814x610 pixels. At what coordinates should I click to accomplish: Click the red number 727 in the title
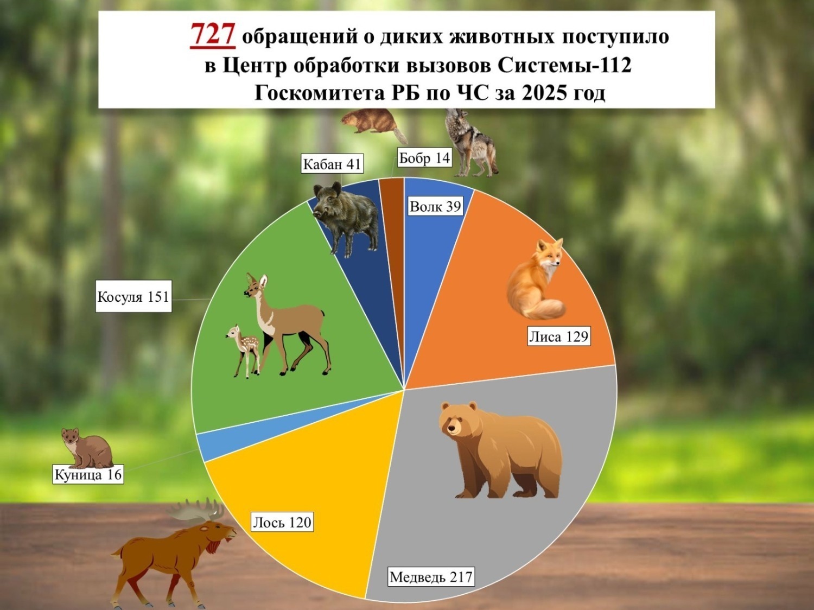pyautogui.click(x=212, y=35)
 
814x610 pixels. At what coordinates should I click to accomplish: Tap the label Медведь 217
pyautogui.click(x=431, y=576)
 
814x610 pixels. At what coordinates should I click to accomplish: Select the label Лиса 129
pyautogui.click(x=558, y=336)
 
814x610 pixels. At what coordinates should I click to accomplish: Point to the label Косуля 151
pyautogui.click(x=133, y=296)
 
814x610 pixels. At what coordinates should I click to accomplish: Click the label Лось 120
pyautogui.click(x=282, y=522)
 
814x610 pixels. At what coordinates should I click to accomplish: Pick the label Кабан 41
pyautogui.click(x=332, y=164)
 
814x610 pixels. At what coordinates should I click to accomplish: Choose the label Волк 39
pyautogui.click(x=435, y=206)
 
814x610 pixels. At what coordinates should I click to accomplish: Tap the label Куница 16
pyautogui.click(x=88, y=474)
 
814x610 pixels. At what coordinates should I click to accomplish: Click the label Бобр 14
pyautogui.click(x=424, y=158)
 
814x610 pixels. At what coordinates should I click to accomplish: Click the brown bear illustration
pyautogui.click(x=499, y=450)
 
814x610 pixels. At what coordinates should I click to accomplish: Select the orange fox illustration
pyautogui.click(x=535, y=282)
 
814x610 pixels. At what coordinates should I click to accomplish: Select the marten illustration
pyautogui.click(x=86, y=448)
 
